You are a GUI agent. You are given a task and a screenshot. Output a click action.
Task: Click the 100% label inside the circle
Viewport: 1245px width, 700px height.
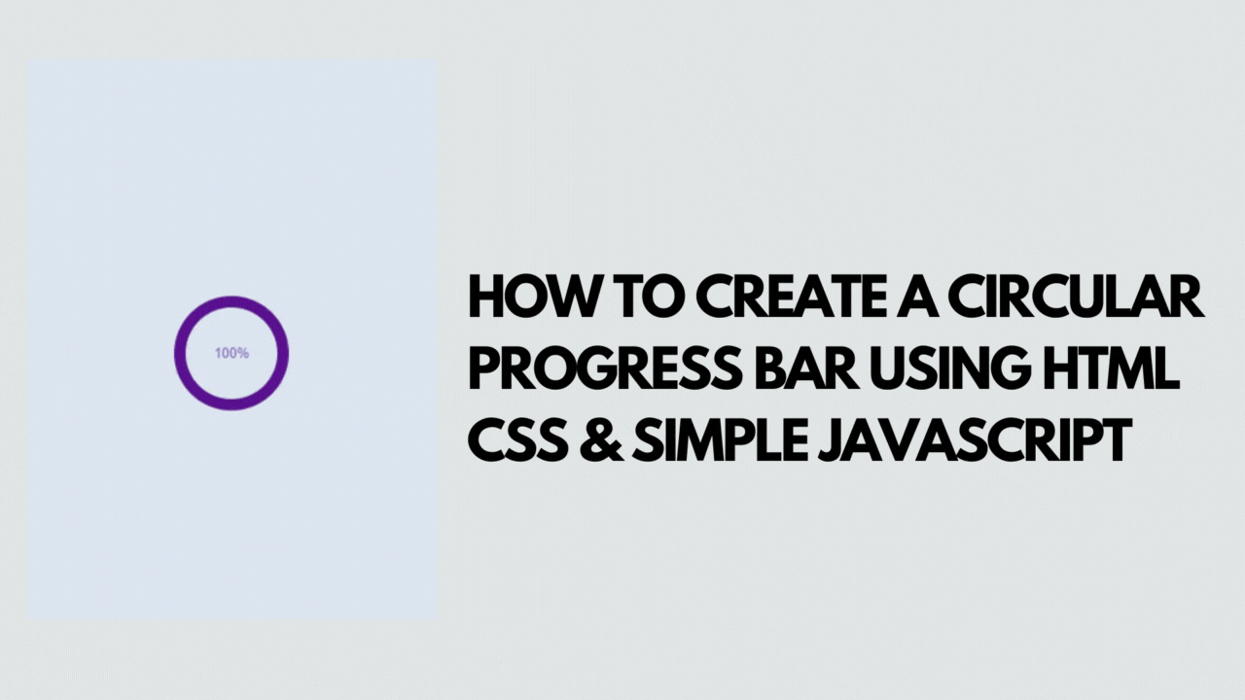click(x=231, y=353)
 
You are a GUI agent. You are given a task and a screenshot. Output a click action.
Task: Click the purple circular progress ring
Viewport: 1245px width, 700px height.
click(x=231, y=301)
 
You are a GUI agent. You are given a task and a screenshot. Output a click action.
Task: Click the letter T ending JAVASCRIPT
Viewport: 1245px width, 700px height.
click(x=1116, y=441)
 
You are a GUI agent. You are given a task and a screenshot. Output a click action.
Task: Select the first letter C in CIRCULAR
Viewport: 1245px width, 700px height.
click(x=968, y=297)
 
